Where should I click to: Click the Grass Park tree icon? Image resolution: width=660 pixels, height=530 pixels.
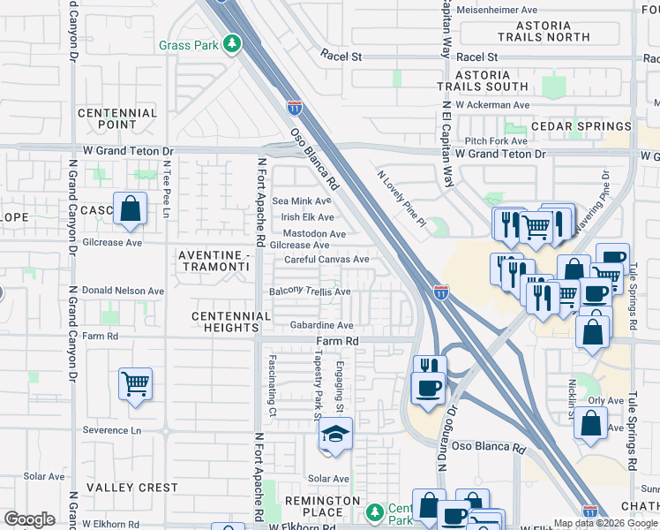[232, 43]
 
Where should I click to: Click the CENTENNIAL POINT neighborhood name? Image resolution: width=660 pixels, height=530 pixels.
[118, 119]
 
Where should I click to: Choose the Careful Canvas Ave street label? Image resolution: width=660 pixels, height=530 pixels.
[326, 260]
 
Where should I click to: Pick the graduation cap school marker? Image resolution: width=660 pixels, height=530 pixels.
[334, 435]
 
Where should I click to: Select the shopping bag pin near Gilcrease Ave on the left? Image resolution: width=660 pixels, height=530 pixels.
[130, 209]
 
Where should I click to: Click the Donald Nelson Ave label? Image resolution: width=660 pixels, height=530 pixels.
[123, 290]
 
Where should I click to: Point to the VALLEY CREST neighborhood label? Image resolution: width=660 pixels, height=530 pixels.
[131, 488]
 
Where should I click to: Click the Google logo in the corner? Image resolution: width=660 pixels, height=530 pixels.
[29, 519]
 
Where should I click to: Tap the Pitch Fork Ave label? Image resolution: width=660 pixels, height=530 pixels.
[496, 140]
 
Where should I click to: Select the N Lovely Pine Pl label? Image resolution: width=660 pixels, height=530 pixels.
[401, 199]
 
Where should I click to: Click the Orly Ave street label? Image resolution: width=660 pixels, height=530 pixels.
[605, 400]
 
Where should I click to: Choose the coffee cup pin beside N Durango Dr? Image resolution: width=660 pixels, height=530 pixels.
[429, 389]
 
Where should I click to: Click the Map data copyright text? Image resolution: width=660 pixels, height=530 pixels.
[606, 523]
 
